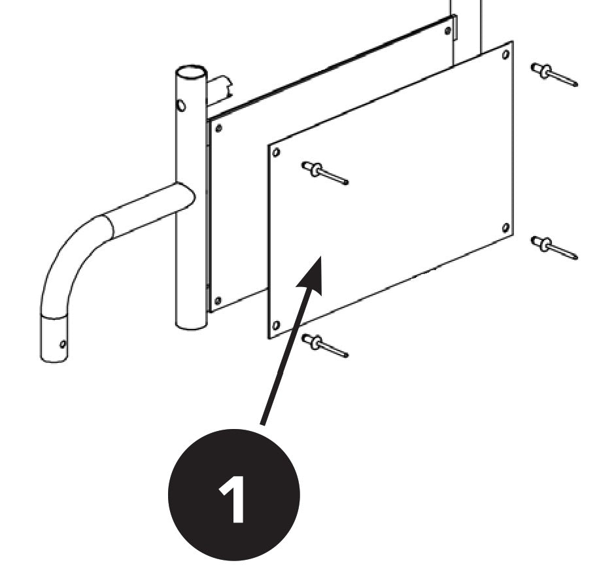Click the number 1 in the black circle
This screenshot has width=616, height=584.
click(233, 500)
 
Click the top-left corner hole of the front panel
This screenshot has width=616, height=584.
click(276, 152)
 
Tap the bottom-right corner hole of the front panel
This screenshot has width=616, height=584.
click(505, 228)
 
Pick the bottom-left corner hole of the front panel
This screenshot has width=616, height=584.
click(276, 325)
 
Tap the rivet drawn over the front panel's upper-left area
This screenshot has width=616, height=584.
click(324, 173)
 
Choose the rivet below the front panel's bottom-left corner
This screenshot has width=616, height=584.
click(324, 345)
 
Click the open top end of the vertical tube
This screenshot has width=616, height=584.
click(190, 71)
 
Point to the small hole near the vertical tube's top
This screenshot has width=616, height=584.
click(181, 105)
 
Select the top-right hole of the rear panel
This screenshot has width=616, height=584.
click(447, 30)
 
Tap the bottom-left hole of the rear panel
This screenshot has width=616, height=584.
click(218, 300)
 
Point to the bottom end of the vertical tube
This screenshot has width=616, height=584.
click(191, 323)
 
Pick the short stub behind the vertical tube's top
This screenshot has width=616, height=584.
click(220, 89)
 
